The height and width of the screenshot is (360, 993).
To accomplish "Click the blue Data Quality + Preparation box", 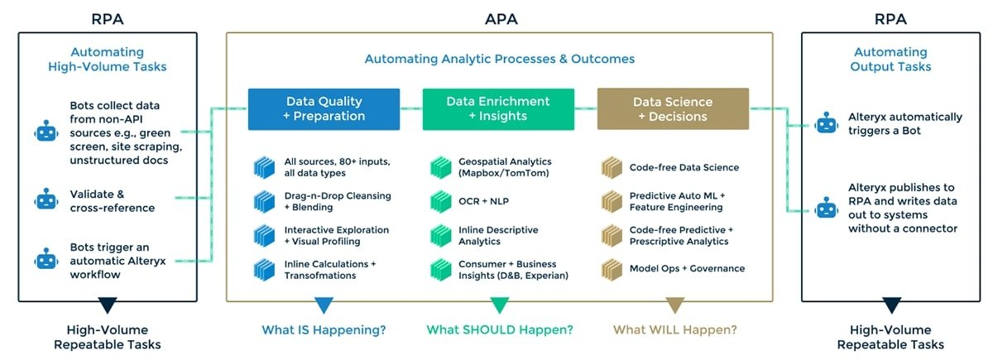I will (324, 109).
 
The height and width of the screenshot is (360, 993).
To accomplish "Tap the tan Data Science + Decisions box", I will (673, 109).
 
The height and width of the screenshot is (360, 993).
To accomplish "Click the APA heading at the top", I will (501, 17).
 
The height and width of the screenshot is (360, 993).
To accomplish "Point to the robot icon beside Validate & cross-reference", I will (46, 199).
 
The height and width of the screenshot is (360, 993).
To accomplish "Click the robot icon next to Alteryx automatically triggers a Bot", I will (826, 124).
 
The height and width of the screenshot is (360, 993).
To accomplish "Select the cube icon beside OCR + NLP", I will (440, 201).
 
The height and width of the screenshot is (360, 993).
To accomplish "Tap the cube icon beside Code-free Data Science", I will (612, 168).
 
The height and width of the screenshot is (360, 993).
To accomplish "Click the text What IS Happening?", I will (324, 329).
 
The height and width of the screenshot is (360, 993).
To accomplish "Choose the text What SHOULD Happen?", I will (499, 329).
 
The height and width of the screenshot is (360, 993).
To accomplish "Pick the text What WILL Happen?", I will (674, 329).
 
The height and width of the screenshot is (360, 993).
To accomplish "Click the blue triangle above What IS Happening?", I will (324, 305).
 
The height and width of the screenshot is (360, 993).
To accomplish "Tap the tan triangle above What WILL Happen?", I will (674, 305).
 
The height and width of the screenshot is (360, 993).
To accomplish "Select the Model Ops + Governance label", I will (687, 268).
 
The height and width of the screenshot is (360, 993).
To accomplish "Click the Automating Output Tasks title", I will (890, 59).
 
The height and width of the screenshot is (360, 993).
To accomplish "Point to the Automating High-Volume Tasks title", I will (108, 59).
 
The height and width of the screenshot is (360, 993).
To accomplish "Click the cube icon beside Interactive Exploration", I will (264, 235).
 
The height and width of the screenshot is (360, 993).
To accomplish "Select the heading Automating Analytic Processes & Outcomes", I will (500, 59).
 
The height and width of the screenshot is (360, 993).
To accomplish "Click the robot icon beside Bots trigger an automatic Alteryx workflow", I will (46, 260).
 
